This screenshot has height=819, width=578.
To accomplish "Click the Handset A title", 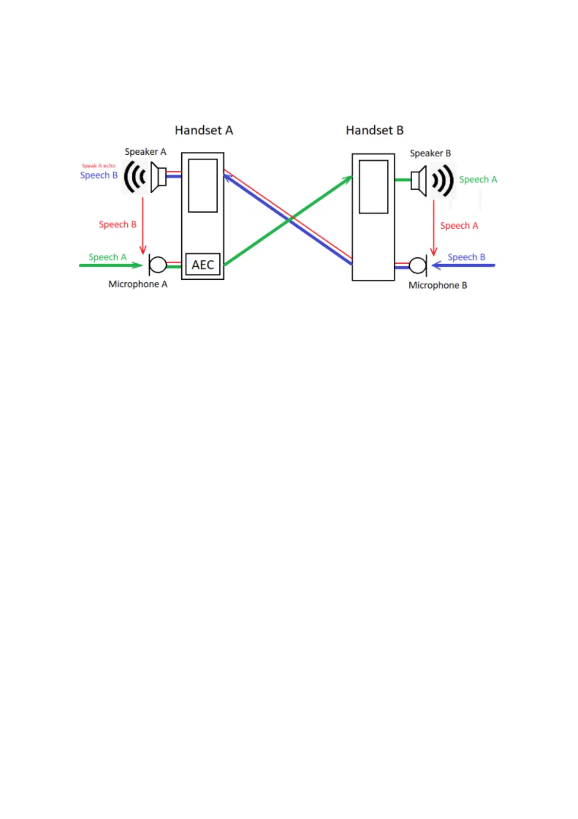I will (204, 130).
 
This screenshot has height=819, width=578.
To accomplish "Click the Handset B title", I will (374, 130).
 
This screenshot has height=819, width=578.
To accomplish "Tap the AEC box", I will (203, 265).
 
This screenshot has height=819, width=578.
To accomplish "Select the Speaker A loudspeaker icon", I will (158, 177).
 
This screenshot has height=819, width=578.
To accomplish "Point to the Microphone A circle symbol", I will (158, 265).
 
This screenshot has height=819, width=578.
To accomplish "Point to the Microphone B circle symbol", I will (418, 266).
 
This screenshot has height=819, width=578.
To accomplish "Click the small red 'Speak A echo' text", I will (98, 166).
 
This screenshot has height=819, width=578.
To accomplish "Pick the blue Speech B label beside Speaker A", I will (99, 175).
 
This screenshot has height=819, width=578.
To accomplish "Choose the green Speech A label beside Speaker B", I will (478, 180).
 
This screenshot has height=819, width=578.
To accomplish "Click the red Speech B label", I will (118, 224).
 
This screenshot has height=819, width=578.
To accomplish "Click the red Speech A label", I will (459, 226).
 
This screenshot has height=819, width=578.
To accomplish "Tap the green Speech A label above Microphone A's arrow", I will (107, 257).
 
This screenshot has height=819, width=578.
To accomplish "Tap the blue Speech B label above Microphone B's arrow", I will (466, 257).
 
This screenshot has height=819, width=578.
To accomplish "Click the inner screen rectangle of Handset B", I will (373, 187).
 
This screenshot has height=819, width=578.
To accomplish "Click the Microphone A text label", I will (138, 284).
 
